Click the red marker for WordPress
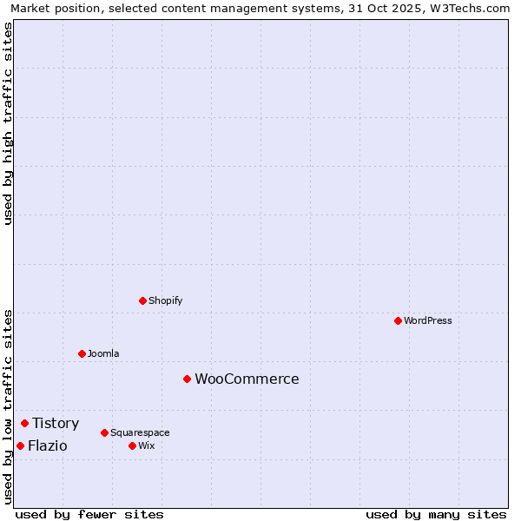coord(398,320)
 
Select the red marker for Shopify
coord(142,300)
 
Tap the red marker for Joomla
coord(82,353)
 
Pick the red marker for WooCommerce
coord(187,379)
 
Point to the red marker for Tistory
coord(24,423)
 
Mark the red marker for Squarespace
coord(104,432)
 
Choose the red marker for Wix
coord(132,445)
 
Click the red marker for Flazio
coord(20,445)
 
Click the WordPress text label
coord(428,320)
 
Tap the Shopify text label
coord(166,300)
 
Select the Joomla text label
coord(103,353)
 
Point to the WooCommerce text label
coord(247,379)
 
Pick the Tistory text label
coord(56,423)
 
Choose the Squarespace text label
coord(140,432)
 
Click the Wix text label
coord(146,445)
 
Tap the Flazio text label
coord(47,445)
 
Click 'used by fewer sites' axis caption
coord(89,514)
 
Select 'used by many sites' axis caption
coord(436,514)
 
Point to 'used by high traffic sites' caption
coord(8,123)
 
